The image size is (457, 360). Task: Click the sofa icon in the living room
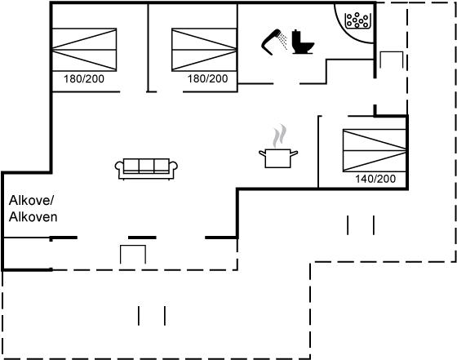tap(146, 168)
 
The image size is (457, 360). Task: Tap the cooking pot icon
tap(278, 158)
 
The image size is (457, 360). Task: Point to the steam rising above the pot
tap(279, 136)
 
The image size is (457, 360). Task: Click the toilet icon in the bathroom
tap(303, 42)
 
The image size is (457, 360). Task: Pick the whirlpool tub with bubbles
tap(357, 20)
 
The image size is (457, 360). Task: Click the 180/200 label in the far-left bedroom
tap(84, 79)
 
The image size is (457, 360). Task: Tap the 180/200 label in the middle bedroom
tap(207, 78)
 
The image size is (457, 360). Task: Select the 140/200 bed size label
tap(375, 179)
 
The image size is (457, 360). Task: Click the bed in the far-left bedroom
tap(84, 50)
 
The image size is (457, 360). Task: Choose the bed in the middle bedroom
tap(204, 50)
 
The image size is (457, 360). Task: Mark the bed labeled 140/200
tap(375, 150)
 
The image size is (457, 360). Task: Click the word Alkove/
tap(32, 201)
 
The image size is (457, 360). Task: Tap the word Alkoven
tap(33, 217)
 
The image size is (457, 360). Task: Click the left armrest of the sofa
tap(119, 167)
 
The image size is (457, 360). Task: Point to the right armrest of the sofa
tap(173, 167)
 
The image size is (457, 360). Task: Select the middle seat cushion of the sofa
tap(146, 166)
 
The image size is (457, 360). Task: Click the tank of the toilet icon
tap(296, 37)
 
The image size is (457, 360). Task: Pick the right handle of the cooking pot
tap(295, 153)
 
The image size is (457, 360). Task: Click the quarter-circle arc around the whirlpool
tap(346, 33)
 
